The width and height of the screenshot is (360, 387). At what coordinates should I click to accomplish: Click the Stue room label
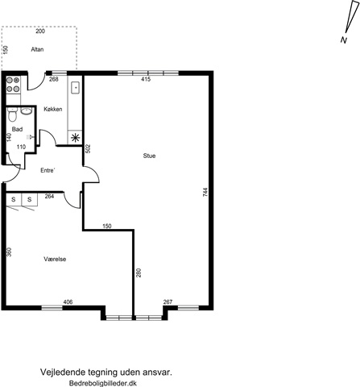click(149, 156)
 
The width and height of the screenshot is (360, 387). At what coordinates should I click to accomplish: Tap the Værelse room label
click(55, 259)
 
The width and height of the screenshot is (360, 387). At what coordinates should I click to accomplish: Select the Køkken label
click(53, 109)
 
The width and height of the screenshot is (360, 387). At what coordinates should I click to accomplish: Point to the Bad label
click(17, 129)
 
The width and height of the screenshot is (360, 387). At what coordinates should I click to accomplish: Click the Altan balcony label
click(37, 49)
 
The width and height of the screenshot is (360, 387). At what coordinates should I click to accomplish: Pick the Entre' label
click(48, 170)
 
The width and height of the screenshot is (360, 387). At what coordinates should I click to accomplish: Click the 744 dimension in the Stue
click(205, 193)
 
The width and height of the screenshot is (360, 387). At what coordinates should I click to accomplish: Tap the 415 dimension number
click(146, 79)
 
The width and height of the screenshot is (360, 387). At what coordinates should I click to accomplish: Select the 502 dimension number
click(88, 149)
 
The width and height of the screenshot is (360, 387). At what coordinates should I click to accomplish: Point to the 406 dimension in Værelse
click(68, 302)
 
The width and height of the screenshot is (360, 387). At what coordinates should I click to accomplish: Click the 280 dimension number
click(139, 273)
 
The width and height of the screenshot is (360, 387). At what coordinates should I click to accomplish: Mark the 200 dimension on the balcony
click(40, 31)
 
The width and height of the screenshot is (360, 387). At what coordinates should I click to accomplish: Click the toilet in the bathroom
click(12, 114)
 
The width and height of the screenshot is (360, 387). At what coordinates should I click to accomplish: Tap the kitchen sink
click(76, 88)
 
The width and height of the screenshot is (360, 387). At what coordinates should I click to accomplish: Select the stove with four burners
click(13, 85)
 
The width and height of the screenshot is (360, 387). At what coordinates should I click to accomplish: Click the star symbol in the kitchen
click(75, 138)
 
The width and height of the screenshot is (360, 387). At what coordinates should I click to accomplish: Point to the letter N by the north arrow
click(344, 40)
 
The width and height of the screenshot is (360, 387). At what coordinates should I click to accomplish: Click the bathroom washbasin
click(26, 110)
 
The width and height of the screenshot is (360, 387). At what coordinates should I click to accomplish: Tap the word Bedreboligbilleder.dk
click(103, 383)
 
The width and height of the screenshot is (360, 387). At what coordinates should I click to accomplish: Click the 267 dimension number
click(168, 302)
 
